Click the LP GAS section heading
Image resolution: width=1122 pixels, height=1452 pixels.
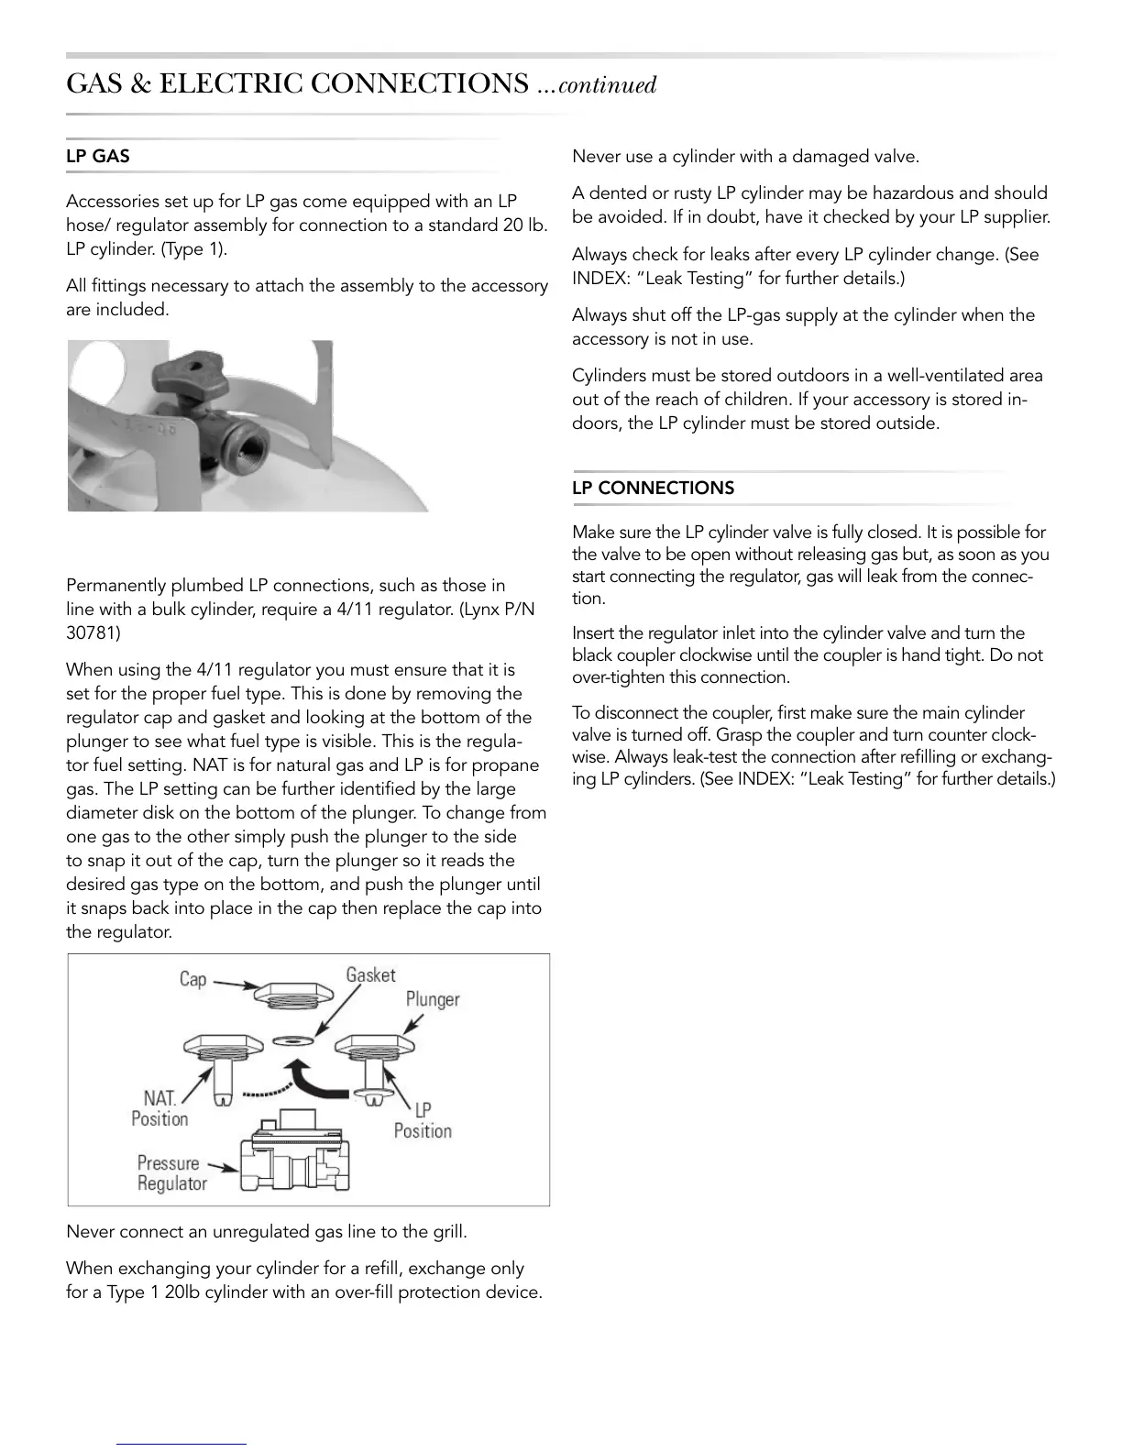[98, 157]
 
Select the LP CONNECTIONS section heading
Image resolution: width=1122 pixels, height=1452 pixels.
[653, 489]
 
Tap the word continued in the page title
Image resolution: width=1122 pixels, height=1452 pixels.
[607, 86]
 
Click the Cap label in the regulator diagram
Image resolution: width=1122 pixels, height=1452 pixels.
[192, 979]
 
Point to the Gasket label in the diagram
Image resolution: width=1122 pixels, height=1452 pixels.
[370, 975]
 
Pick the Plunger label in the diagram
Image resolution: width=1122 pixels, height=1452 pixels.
[433, 999]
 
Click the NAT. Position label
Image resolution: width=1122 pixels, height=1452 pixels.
[160, 1108]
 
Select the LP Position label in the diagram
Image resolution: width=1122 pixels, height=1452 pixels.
[423, 1120]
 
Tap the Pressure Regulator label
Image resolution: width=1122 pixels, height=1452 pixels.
[171, 1173]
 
